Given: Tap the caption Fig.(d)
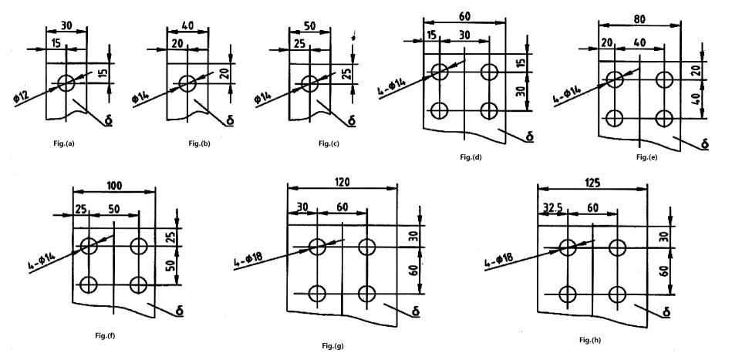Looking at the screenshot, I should coord(470,157).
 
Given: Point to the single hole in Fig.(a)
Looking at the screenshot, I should coord(66,82).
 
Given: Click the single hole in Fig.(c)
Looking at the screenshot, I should coord(309,82).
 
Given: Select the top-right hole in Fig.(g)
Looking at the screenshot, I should coord(366,247).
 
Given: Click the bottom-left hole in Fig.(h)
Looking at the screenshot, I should coord(568,294).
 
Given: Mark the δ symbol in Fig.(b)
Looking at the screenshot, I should coord(229,120).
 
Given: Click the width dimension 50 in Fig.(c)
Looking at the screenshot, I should coord(310,25).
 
